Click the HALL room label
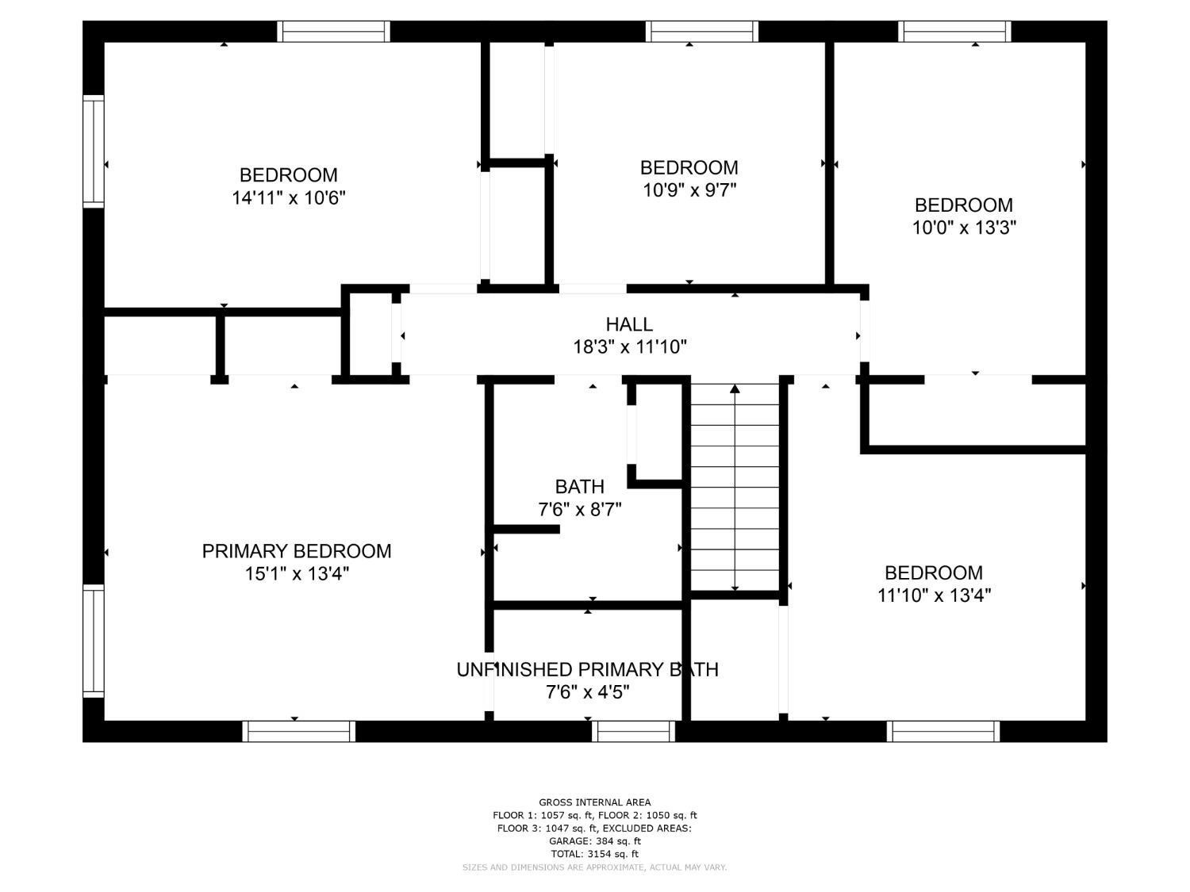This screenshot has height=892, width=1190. (x=628, y=323)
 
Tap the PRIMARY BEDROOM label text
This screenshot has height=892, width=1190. (x=296, y=551)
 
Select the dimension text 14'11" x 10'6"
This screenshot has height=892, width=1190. (x=289, y=197)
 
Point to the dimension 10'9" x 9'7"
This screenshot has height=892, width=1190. (x=689, y=190)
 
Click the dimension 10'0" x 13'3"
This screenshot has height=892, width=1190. (x=963, y=228)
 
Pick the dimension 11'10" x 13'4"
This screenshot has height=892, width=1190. (x=934, y=595)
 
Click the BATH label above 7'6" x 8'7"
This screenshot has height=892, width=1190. (x=579, y=486)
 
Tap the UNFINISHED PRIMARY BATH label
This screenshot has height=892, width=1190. (x=587, y=669)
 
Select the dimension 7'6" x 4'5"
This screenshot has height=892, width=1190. (x=587, y=692)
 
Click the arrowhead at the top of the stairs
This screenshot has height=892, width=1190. (x=735, y=389)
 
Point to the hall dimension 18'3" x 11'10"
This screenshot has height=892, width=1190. (x=629, y=346)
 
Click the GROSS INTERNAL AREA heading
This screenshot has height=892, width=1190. (x=595, y=802)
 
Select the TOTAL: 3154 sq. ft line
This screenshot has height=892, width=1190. (x=595, y=854)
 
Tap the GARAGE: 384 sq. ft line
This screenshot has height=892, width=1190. (x=595, y=841)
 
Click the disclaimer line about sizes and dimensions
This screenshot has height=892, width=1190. (x=594, y=867)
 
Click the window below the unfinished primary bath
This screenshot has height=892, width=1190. (x=633, y=731)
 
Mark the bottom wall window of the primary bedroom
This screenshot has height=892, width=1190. (x=299, y=731)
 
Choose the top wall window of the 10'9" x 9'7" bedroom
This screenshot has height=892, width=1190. (x=701, y=32)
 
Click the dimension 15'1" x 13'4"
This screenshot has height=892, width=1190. (x=297, y=573)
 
